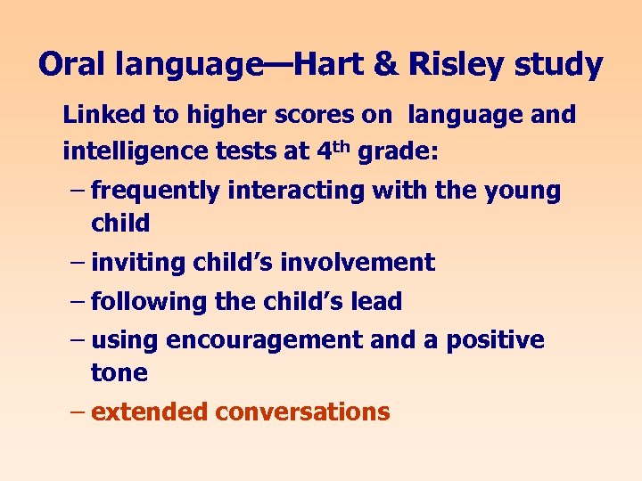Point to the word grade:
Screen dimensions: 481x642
(x=398, y=151)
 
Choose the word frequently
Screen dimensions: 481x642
(x=156, y=191)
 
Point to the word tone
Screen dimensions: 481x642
(x=119, y=373)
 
